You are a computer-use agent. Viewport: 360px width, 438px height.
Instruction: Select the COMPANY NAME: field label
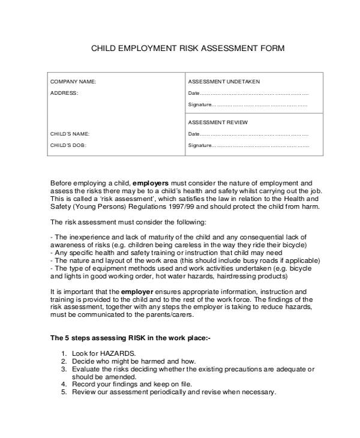click(73, 82)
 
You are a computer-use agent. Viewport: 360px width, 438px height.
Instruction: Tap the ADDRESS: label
click(64, 93)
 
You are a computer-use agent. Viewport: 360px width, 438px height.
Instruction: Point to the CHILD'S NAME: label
click(70, 134)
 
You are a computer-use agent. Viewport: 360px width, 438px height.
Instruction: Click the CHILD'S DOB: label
click(68, 145)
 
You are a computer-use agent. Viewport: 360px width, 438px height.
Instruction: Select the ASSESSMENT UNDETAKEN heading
click(224, 82)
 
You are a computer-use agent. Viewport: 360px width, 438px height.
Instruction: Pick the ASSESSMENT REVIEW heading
click(218, 122)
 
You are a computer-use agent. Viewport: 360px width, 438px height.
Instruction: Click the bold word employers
click(151, 182)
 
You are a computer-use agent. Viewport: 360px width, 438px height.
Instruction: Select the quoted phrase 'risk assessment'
click(127, 197)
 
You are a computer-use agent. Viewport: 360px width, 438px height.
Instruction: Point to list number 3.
click(64, 369)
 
